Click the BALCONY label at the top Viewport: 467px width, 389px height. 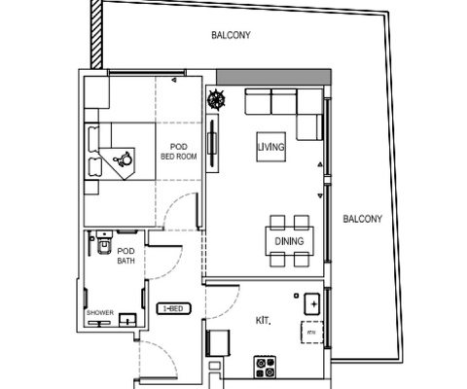(x=231, y=35)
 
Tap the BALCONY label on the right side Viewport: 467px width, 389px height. (x=363, y=219)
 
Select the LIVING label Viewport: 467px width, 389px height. (x=271, y=147)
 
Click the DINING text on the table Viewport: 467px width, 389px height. (x=289, y=241)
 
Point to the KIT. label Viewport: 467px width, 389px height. (x=263, y=321)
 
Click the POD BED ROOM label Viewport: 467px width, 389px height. (x=179, y=152)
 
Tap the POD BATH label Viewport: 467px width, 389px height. (x=126, y=256)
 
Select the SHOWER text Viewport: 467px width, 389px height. (x=100, y=313)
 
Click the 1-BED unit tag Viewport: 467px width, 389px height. (x=174, y=308)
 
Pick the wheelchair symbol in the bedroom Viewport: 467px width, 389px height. (x=123, y=159)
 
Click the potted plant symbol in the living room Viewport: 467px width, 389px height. (x=216, y=99)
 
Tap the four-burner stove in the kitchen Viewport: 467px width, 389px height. (x=265, y=367)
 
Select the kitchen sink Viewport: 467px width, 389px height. (x=312, y=304)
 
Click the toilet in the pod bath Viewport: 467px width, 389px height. (x=104, y=243)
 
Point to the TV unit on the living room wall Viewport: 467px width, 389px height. (x=213, y=143)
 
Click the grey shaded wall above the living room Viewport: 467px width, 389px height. (x=273, y=77)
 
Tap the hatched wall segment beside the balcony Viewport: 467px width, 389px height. (x=96, y=34)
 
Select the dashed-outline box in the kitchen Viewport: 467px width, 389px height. (x=312, y=333)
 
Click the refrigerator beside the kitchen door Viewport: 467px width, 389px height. (x=219, y=343)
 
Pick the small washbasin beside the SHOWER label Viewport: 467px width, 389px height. (x=127, y=320)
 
